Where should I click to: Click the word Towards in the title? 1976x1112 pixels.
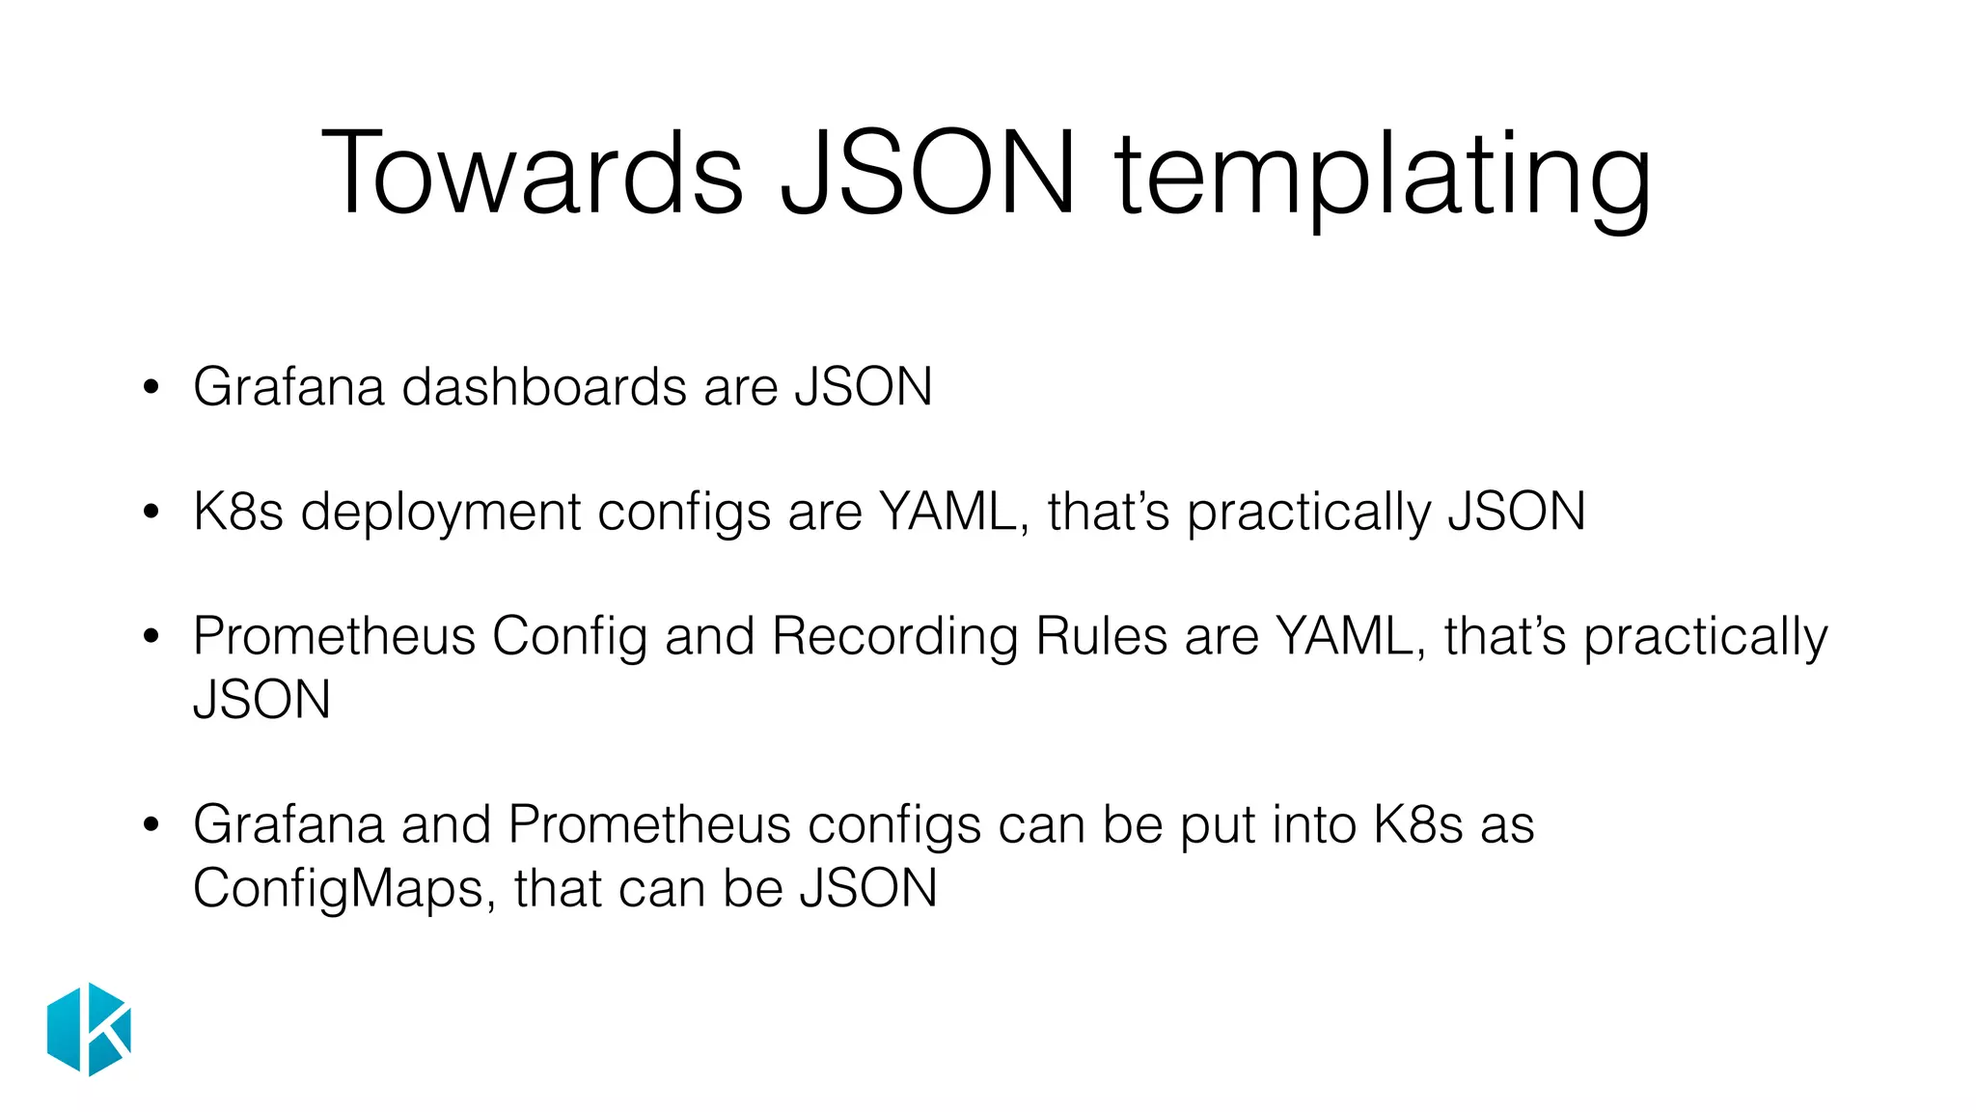click(x=532, y=174)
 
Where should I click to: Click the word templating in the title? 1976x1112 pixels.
click(x=1383, y=179)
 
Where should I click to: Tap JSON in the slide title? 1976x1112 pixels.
click(x=927, y=174)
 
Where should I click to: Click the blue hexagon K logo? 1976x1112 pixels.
click(x=89, y=1029)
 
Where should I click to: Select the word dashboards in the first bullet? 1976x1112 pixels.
click(x=543, y=387)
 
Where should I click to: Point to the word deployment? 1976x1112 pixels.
click(x=440, y=514)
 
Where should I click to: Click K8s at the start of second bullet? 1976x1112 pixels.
click(x=237, y=512)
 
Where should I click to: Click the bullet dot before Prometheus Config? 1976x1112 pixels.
click(x=151, y=638)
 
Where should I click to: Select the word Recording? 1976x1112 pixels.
click(x=894, y=639)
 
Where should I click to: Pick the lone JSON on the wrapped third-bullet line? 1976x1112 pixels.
click(x=261, y=700)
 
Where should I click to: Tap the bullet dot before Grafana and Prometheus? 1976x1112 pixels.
click(x=151, y=826)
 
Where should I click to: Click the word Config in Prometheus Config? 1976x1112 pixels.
click(x=569, y=639)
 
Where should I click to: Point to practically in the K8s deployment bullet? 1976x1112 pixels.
click(x=1308, y=514)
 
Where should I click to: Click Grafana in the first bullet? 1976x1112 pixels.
click(x=288, y=387)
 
